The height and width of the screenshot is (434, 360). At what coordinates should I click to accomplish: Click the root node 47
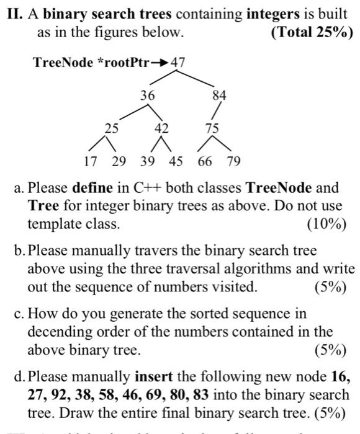click(178, 62)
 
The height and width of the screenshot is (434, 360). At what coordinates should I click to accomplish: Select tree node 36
click(147, 96)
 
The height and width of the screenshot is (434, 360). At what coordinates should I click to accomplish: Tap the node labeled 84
click(220, 96)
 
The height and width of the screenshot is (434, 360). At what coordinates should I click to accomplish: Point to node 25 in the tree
click(111, 129)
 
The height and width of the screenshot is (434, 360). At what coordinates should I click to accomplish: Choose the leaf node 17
click(91, 162)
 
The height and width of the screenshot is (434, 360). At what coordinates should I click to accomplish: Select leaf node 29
click(118, 162)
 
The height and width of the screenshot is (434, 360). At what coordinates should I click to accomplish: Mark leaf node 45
click(176, 162)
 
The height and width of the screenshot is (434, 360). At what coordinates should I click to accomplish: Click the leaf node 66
click(205, 162)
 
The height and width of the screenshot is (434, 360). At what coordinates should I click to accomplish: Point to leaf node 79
click(233, 162)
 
